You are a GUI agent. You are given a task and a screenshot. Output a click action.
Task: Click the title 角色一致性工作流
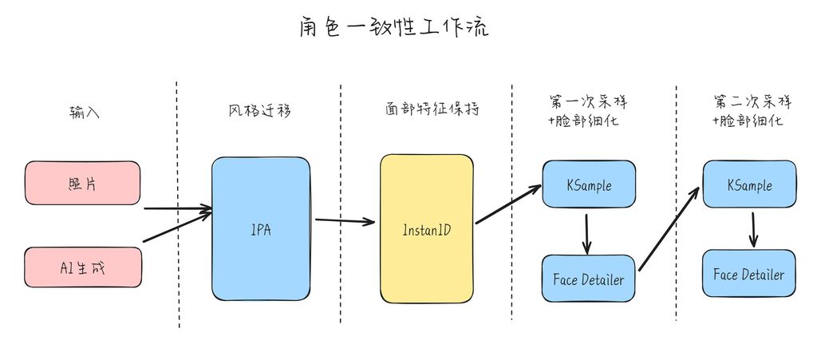tap(394, 28)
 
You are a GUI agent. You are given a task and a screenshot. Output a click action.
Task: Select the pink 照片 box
tap(82, 183)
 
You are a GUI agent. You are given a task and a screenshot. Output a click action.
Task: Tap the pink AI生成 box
tap(83, 267)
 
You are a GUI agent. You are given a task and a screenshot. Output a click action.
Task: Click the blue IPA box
tap(261, 228)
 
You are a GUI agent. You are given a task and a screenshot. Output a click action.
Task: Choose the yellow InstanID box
tap(426, 230)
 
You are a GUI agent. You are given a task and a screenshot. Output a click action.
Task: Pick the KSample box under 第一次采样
tap(589, 184)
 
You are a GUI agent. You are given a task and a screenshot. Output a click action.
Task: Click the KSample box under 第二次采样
tap(749, 184)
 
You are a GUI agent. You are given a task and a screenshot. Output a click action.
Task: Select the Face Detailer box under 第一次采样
tap(589, 279)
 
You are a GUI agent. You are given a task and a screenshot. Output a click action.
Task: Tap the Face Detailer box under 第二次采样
tap(749, 274)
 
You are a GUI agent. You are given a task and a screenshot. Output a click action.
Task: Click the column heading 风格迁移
tap(259, 110)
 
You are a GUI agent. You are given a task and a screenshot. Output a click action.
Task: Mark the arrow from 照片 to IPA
tap(177, 210)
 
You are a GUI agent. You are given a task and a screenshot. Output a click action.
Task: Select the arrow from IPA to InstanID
tap(345, 220)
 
